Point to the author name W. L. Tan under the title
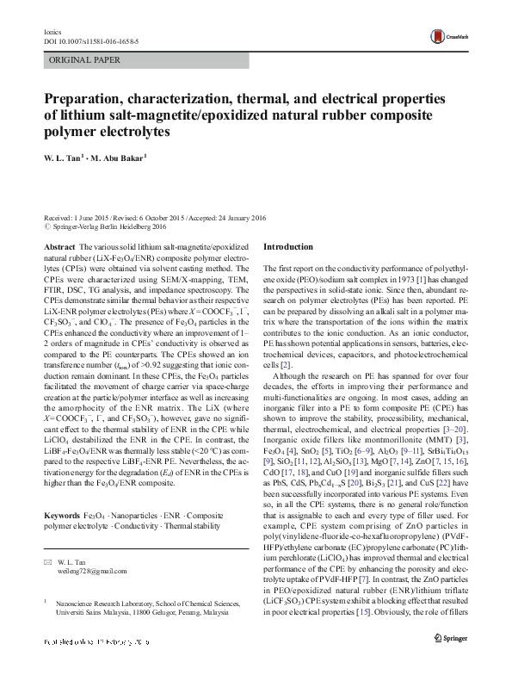(x=62, y=158)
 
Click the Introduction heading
(x=289, y=246)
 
